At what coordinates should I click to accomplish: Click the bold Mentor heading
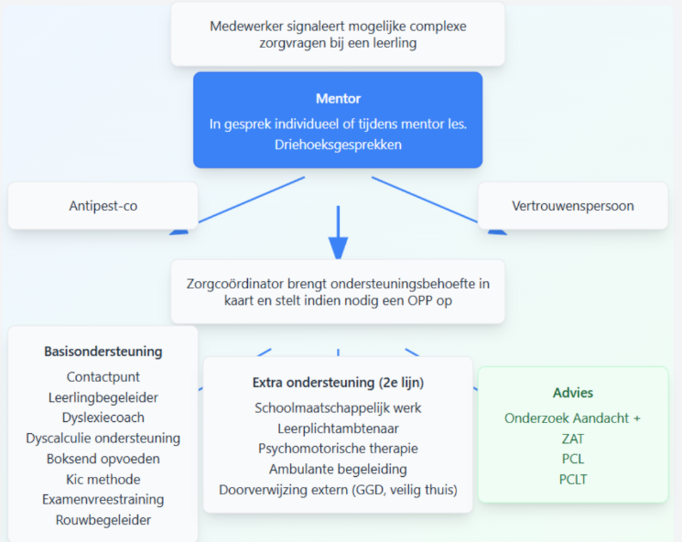[338, 99]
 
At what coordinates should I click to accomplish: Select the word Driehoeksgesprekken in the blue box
[338, 145]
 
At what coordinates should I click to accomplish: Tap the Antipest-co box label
[103, 206]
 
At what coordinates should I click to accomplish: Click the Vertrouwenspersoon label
[573, 206]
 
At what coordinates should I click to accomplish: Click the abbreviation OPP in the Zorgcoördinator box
[419, 300]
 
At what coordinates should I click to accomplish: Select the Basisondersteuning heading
[103, 352]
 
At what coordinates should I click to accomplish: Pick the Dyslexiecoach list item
[103, 417]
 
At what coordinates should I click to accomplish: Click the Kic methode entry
[103, 480]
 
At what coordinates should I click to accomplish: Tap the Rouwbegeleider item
[103, 520]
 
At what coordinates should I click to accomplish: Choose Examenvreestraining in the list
[103, 499]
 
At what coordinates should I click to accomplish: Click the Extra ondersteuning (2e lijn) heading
[338, 383]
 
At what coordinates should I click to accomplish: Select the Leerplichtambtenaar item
[338, 428]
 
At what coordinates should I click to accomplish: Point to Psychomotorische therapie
[338, 449]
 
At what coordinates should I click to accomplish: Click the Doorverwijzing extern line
[338, 490]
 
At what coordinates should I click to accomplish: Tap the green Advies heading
[573, 393]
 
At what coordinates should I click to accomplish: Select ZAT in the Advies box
[573, 439]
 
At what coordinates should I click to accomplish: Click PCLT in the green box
[573, 480]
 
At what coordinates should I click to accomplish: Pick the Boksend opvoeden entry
[103, 459]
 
